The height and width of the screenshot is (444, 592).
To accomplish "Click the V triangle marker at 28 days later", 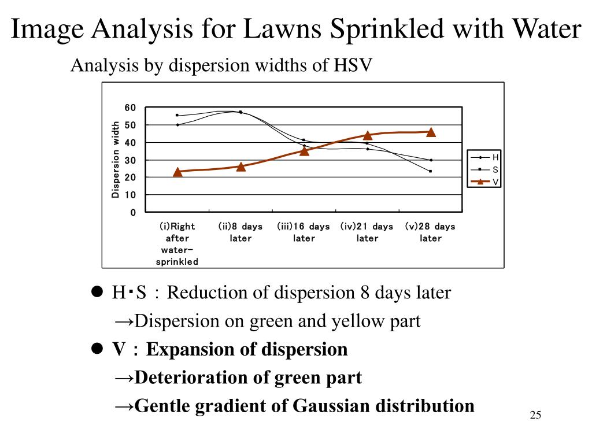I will coord(431,132).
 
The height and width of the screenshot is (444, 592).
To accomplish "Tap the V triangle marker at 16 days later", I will coord(304,150).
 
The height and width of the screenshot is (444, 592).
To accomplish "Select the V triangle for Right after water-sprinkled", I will coord(177,172).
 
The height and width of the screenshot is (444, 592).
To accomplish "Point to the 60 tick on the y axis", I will coord(130,108).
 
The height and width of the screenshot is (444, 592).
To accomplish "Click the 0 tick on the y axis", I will coord(133,213).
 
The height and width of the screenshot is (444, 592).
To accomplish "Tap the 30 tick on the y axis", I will coord(130,160).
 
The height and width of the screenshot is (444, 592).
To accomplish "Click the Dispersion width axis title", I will coord(116,160).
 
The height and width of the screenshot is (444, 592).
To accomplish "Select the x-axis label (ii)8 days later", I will coord(240,232).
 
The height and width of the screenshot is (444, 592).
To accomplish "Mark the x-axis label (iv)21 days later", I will coord(367,232).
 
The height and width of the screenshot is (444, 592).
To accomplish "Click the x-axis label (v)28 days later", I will coord(430,232).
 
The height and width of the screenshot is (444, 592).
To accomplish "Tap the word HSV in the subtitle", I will coord(350,66).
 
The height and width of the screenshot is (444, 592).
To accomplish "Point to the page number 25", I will coord(535,415).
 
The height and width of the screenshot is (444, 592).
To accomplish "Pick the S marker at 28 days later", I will coord(431,171).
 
